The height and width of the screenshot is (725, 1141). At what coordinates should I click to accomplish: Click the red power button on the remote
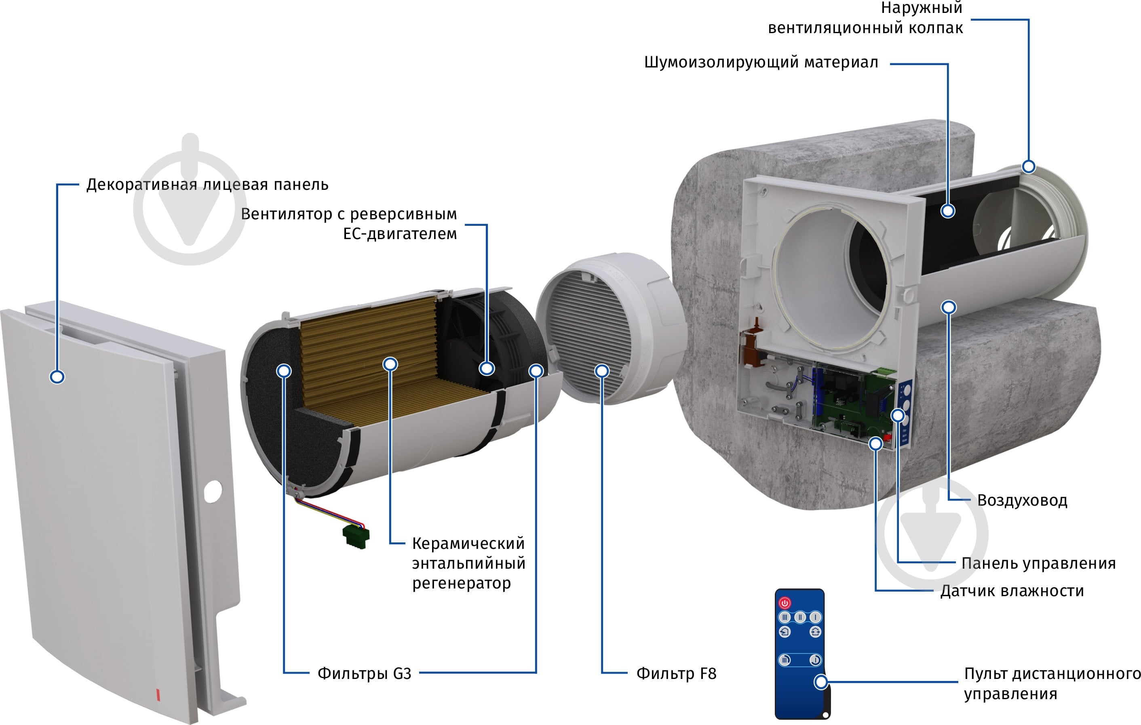[785, 603]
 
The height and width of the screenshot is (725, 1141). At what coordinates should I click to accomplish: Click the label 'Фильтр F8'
[676, 673]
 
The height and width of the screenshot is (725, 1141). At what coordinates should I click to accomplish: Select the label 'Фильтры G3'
[364, 673]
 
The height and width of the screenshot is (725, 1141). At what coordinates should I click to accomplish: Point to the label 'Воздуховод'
[1022, 500]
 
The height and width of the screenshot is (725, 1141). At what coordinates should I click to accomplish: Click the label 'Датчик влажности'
[1012, 591]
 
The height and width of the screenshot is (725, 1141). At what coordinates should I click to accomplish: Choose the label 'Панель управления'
[1039, 563]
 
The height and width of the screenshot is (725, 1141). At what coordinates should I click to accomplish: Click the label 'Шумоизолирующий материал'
[761, 62]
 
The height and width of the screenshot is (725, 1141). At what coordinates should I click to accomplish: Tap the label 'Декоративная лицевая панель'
[207, 184]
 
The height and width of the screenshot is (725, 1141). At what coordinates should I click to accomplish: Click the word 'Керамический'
[468, 543]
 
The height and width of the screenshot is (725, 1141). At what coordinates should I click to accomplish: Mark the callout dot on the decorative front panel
[57, 377]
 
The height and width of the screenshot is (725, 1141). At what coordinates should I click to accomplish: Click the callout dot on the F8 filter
[602, 371]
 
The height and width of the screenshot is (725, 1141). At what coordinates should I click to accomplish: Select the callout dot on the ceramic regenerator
[390, 364]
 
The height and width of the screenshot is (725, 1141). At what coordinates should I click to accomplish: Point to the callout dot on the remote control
[821, 682]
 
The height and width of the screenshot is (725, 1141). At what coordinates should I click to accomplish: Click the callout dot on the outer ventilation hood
[1029, 167]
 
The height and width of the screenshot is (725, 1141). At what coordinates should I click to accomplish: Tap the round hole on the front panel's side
[213, 492]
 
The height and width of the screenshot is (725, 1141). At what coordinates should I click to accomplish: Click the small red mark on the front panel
[158, 695]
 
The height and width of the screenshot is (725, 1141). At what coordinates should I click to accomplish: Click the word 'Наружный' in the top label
[922, 8]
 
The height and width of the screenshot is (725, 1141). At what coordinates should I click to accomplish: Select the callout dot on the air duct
[949, 307]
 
